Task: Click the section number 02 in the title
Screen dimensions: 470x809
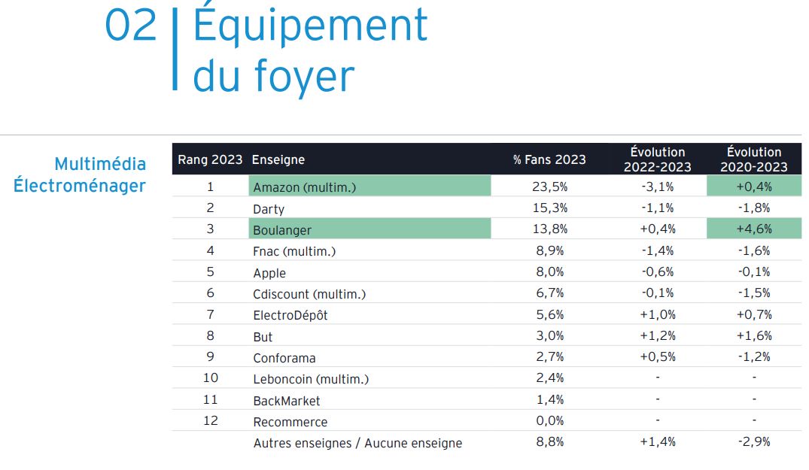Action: pyautogui.click(x=131, y=26)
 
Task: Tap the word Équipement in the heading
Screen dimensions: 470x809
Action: pyautogui.click(x=310, y=26)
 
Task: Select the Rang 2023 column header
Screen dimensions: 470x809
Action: pyautogui.click(x=210, y=159)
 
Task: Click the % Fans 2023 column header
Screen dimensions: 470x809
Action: pyautogui.click(x=549, y=159)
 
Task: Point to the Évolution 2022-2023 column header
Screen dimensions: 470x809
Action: pyautogui.click(x=657, y=159)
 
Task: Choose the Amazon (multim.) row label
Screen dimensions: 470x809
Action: pyautogui.click(x=304, y=187)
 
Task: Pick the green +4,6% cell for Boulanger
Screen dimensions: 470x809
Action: pyautogui.click(x=754, y=229)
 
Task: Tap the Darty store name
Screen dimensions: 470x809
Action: pyautogui.click(x=269, y=208)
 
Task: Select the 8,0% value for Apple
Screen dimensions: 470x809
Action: pyautogui.click(x=550, y=272)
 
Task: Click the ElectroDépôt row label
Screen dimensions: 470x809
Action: pyautogui.click(x=290, y=315)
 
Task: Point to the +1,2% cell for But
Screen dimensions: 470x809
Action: pyautogui.click(x=657, y=336)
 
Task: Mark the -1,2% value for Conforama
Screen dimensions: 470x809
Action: pyautogui.click(x=754, y=357)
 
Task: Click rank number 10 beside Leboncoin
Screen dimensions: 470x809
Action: pyautogui.click(x=210, y=378)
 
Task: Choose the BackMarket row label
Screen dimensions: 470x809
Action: pyautogui.click(x=287, y=401)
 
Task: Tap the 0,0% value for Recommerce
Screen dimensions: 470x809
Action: pyautogui.click(x=550, y=421)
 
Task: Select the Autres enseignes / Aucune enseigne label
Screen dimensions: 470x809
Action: pyautogui.click(x=357, y=443)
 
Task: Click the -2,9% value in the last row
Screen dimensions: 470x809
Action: pyautogui.click(x=754, y=442)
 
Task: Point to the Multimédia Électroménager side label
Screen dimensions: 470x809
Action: pyautogui.click(x=80, y=174)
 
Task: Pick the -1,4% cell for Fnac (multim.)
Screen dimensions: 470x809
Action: pyautogui.click(x=657, y=250)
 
